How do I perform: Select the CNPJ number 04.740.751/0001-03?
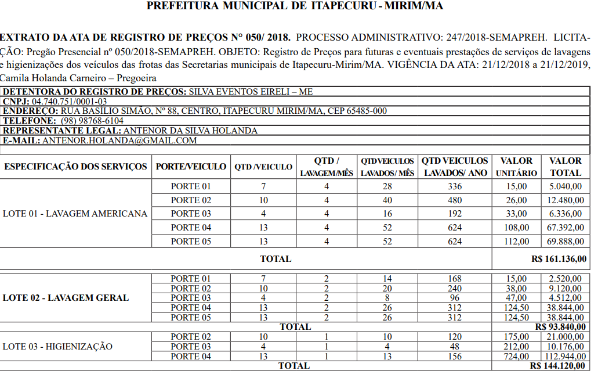pyautogui.click(x=70, y=102)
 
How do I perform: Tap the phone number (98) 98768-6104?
pyautogui.click(x=92, y=121)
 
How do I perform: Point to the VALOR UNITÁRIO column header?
pyautogui.click(x=516, y=167)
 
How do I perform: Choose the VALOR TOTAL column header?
pyautogui.click(x=565, y=167)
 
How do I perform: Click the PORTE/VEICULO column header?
pyautogui.click(x=191, y=167)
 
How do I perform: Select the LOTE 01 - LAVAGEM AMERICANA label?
pyautogui.click(x=75, y=214)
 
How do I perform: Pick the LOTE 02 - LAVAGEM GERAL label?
pyautogui.click(x=66, y=298)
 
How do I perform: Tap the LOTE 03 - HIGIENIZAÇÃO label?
pyautogui.click(x=58, y=347)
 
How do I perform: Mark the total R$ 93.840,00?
pyautogui.click(x=560, y=327)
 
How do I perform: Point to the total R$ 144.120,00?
pyautogui.click(x=557, y=366)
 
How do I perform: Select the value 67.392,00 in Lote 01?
pyautogui.click(x=566, y=228)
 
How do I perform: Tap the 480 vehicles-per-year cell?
pyautogui.click(x=455, y=200)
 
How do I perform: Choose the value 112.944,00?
pyautogui.click(x=563, y=357)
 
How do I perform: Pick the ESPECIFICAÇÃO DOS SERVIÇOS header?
pyautogui.click(x=75, y=167)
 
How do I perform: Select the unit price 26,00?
pyautogui.click(x=516, y=200)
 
